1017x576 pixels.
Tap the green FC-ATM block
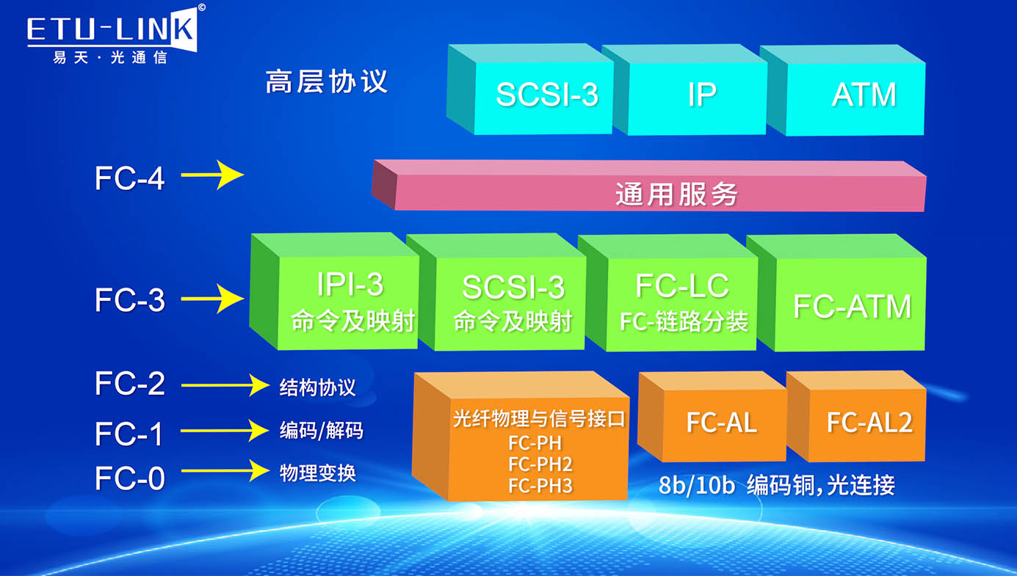pos(852,305)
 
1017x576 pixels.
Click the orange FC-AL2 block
pos(868,423)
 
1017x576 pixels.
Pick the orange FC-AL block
pos(720,423)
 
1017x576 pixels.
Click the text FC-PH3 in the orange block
pos(540,486)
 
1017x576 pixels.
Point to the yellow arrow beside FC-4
pos(212,175)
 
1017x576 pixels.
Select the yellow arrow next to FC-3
pos(212,299)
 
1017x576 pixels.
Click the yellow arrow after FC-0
pos(225,470)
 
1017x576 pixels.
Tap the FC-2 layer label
pos(130,384)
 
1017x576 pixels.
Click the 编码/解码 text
pos(321,431)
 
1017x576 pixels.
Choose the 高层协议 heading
pos(326,81)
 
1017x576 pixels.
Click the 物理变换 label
pos(317,473)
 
